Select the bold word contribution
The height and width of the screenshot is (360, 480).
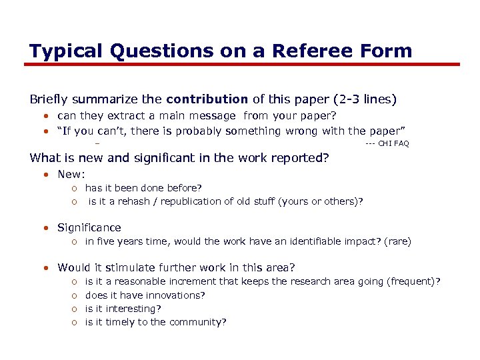207,99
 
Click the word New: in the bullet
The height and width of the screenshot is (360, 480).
71,174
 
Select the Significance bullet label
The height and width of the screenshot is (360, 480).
89,228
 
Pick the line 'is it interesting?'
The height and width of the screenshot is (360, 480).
124,309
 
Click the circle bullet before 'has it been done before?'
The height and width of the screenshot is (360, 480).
75,189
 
